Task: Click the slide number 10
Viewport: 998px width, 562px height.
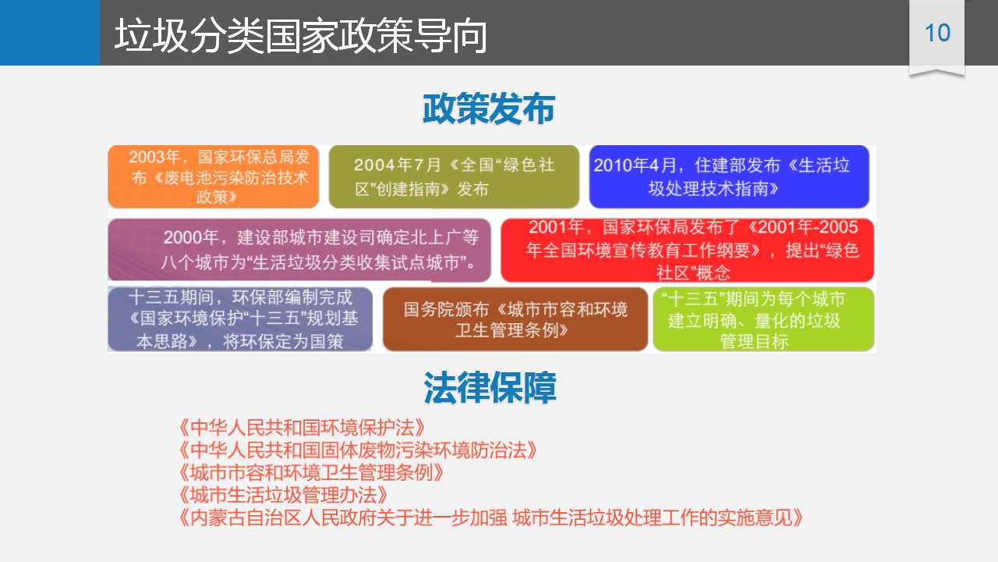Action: pyautogui.click(x=937, y=33)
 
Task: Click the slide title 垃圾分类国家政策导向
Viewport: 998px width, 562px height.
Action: pyautogui.click(x=301, y=36)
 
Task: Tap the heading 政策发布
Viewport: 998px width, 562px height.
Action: pyautogui.click(x=489, y=108)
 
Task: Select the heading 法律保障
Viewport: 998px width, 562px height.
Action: pyautogui.click(x=490, y=388)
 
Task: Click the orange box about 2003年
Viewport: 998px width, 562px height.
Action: pyautogui.click(x=214, y=176)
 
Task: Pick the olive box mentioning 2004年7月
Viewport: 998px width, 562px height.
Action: pyautogui.click(x=454, y=176)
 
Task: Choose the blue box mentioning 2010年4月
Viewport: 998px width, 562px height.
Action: pyautogui.click(x=729, y=176)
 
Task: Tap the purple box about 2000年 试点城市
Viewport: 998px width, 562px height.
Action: pyautogui.click(x=299, y=250)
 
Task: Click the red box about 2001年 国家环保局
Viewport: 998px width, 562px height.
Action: pyautogui.click(x=688, y=250)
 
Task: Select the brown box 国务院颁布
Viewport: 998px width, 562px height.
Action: pyautogui.click(x=515, y=319)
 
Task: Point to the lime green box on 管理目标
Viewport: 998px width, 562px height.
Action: pyautogui.click(x=763, y=319)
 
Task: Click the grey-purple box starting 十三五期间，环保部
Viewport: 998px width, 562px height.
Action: pyautogui.click(x=240, y=319)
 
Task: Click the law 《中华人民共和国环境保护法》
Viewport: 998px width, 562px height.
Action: pyautogui.click(x=302, y=428)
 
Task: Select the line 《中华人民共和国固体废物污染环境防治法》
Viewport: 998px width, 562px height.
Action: pyautogui.click(x=358, y=450)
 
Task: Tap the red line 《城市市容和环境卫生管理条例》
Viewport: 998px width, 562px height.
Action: pyautogui.click(x=311, y=472)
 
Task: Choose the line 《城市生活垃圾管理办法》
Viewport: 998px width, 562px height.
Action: pyautogui.click(x=283, y=495)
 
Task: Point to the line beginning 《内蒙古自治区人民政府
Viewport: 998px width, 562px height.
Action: pyautogui.click(x=491, y=518)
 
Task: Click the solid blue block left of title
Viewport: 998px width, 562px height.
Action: pyautogui.click(x=50, y=33)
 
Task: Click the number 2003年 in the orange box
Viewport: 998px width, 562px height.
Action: pyautogui.click(x=154, y=157)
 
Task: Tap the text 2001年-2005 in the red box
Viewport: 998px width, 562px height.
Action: pyautogui.click(x=808, y=227)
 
